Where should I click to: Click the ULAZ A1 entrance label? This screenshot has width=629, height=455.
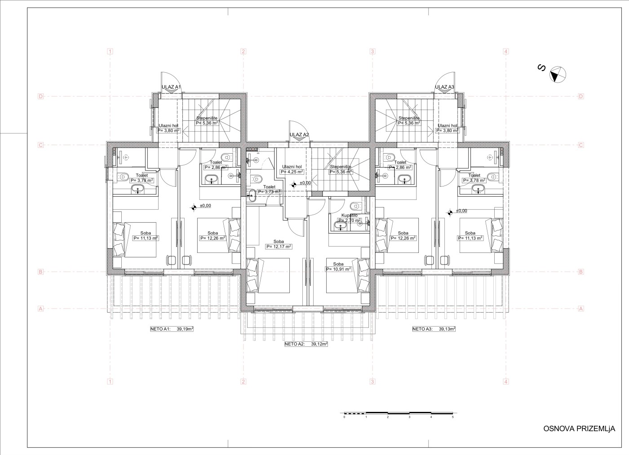point(171,87)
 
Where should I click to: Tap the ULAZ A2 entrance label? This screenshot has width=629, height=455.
point(299,135)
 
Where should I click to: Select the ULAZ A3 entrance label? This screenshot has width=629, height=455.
point(444,87)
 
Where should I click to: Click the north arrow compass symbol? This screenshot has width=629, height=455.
point(558,75)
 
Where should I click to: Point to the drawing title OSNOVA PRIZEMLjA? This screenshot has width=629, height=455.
point(579,428)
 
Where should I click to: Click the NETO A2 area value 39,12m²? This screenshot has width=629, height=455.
point(319,344)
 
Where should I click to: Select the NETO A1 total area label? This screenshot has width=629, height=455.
point(172,329)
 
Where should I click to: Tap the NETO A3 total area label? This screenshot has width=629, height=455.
point(434,329)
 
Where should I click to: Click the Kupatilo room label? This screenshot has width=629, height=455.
point(350,215)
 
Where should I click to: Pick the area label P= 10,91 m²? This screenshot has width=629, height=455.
point(339,269)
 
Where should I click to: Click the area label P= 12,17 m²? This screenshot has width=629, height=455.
point(279,247)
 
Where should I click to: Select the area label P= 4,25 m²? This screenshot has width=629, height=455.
point(292,172)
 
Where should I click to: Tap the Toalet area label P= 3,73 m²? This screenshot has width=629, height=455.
point(269,192)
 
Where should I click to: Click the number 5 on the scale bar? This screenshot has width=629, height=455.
point(453,417)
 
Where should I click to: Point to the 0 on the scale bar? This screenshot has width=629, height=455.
point(344,417)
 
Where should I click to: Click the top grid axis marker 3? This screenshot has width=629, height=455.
point(372,51)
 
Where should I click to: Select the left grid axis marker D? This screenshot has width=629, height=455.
point(41,96)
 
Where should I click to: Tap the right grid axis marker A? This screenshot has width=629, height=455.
point(581,309)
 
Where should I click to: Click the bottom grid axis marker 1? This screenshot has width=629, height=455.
point(111,382)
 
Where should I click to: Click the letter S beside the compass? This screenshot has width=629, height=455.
point(541,68)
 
